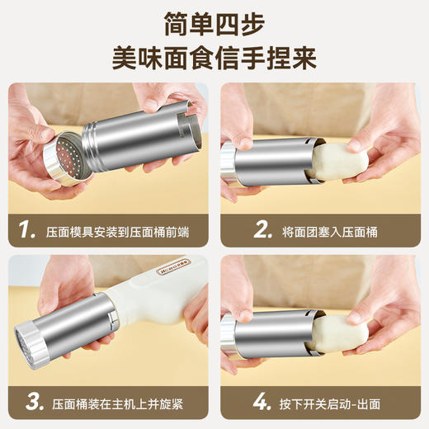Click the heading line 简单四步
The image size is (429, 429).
click(214, 22)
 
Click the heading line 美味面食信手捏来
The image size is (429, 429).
click(214, 59)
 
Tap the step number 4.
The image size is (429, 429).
click(262, 403)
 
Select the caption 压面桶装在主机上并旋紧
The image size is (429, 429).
click(117, 403)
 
